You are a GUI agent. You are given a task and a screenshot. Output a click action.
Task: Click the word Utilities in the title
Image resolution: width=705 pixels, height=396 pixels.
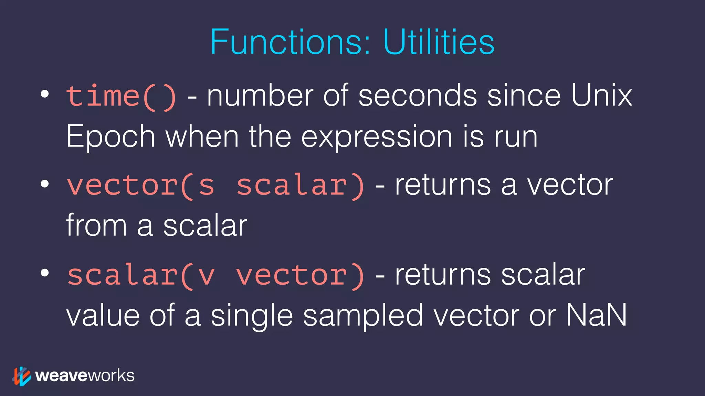[439, 42]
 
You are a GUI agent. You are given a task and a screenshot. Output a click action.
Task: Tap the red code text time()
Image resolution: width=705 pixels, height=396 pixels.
[122, 96]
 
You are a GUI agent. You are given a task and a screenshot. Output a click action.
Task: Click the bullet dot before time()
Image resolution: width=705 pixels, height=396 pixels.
[45, 94]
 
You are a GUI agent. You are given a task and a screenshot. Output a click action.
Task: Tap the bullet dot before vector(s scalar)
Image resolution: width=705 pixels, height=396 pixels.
[45, 184]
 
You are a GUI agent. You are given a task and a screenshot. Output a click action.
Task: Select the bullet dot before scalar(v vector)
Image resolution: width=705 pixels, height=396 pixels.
[45, 273]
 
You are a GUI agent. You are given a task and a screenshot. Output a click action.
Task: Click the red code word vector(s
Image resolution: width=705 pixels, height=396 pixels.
[140, 186]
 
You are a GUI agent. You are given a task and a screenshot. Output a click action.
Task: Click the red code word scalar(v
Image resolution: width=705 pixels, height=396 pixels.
[140, 275]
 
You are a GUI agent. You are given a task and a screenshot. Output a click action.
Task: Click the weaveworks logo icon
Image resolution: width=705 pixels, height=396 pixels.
[21, 376]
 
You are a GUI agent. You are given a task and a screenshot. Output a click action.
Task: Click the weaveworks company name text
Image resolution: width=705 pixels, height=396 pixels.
[85, 376]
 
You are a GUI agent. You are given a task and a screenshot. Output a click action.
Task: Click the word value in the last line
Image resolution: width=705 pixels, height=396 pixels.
[103, 316]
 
